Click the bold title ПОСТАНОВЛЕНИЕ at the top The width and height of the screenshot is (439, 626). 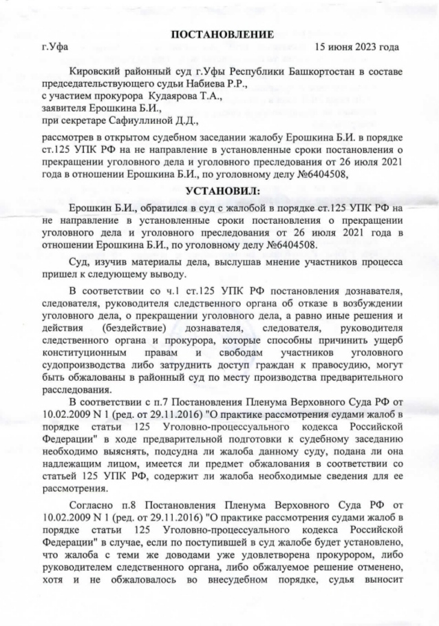[x=222, y=34]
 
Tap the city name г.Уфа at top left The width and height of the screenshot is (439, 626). [x=56, y=48]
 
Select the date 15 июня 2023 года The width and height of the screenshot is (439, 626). [x=356, y=48]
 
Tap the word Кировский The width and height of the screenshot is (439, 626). [x=96, y=72]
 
